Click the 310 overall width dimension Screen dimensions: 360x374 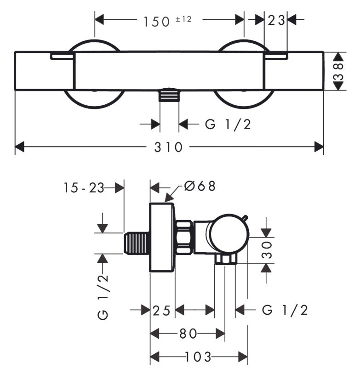click(168, 147)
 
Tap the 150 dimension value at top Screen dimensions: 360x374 click(157, 22)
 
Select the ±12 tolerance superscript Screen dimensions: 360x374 click(183, 19)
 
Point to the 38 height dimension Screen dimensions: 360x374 click(338, 71)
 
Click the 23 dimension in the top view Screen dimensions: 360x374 click(276, 20)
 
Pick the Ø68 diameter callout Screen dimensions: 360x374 click(200, 186)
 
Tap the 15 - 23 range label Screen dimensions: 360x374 click(84, 188)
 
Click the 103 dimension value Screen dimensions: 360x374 click(198, 357)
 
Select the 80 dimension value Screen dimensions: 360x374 click(189, 334)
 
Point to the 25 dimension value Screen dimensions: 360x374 click(162, 311)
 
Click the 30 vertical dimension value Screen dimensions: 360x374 click(267, 250)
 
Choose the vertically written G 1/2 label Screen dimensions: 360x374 click(103, 297)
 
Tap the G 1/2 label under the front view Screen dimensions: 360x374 click(228, 124)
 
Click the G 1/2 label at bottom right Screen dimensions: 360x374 click(285, 310)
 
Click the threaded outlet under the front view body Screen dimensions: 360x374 click(169, 95)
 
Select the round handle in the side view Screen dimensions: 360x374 click(230, 233)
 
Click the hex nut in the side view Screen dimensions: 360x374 click(184, 238)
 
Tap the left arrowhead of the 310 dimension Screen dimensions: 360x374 click(20, 147)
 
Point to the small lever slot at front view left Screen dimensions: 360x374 click(62, 56)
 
